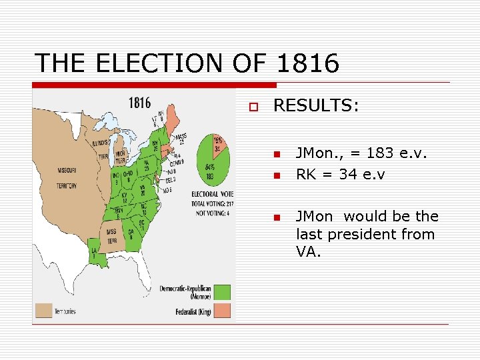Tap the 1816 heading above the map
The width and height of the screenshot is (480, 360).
pos(139,103)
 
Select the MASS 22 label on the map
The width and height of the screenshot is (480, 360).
pos(179,139)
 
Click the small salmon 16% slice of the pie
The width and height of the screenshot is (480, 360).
pos(218,145)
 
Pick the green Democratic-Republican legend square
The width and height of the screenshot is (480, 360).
pos(223,292)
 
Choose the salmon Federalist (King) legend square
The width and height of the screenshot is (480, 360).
pos(223,310)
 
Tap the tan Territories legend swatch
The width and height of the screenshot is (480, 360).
pos(44,310)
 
